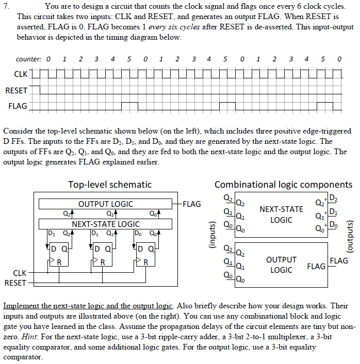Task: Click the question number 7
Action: tap(6, 7)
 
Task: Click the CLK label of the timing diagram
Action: tap(20, 75)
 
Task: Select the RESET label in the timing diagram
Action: tap(17, 91)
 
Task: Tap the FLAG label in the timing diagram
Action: tap(19, 107)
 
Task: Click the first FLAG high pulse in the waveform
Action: tap(129, 106)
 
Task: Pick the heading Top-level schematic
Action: tap(110, 184)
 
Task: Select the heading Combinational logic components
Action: tap(283, 184)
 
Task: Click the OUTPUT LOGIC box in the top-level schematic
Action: tap(105, 204)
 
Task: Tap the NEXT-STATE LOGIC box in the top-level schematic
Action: tap(105, 224)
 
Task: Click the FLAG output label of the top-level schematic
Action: tap(192, 204)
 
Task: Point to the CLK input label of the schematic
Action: tap(19, 272)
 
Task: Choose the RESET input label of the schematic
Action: tap(15, 283)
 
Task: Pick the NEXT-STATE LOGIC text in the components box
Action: tap(281, 214)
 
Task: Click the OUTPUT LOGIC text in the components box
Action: tap(281, 264)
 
